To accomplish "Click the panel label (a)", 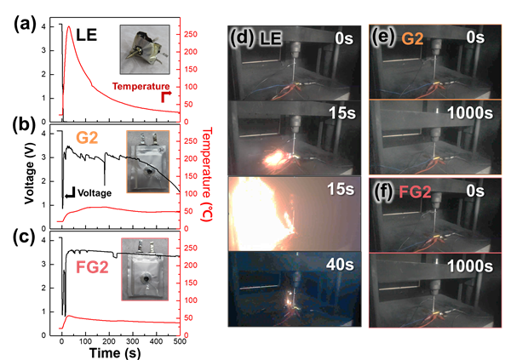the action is (24, 25).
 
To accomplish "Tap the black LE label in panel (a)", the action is (87, 35).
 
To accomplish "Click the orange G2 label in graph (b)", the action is (88, 138).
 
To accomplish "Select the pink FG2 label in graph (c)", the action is (92, 267).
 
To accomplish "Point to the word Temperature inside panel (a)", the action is (141, 86).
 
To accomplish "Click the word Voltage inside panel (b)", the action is (95, 193).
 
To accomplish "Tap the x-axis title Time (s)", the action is (115, 353).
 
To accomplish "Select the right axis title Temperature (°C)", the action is (207, 174).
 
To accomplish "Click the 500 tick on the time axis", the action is (180, 341).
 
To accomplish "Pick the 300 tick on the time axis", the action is (133, 341).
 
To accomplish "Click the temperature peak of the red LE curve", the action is (69, 26).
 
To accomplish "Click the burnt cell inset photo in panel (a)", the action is (145, 49).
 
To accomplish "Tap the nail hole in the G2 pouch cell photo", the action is (150, 171).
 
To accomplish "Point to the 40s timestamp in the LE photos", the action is (340, 264).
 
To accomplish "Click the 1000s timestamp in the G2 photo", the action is (470, 113).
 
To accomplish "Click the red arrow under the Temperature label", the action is (166, 96).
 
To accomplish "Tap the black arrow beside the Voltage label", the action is (71, 193).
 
